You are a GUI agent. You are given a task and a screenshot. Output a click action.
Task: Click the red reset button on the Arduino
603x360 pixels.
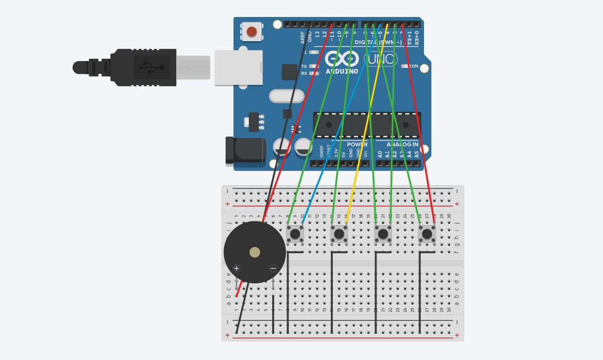[251, 32]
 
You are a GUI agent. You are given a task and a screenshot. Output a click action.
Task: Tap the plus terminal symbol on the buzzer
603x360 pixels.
[236, 268]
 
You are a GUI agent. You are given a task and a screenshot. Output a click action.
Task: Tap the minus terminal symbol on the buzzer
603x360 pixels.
[273, 268]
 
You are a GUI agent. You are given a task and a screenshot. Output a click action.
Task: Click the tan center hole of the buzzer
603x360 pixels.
[255, 252]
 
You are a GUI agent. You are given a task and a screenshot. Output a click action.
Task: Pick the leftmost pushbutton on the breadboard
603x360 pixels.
[295, 234]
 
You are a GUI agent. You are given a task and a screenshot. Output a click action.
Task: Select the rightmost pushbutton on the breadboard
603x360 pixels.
[427, 234]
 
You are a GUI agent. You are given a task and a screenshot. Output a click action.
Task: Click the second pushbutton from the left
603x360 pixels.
[339, 234]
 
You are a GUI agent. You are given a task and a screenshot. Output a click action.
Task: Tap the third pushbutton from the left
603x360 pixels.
[383, 234]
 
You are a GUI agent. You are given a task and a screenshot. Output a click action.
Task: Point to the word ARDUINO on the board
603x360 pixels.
[342, 71]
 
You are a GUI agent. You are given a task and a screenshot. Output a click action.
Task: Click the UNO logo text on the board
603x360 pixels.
[381, 60]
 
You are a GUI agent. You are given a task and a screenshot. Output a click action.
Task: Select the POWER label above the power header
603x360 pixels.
[357, 145]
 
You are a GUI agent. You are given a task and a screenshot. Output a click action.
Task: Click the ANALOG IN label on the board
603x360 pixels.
[402, 145]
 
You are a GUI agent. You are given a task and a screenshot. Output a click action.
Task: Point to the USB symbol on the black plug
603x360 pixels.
[150, 67]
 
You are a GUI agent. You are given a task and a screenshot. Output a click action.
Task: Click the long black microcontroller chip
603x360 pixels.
[367, 125]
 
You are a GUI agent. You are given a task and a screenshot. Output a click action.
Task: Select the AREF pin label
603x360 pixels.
[303, 38]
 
